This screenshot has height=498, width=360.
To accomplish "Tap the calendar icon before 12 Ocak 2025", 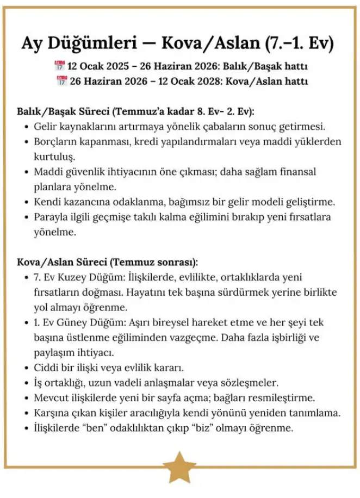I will click(60, 67).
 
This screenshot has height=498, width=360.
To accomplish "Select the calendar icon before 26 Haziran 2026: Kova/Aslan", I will click(61, 82).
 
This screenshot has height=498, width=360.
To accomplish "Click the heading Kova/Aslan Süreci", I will click(63, 262).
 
